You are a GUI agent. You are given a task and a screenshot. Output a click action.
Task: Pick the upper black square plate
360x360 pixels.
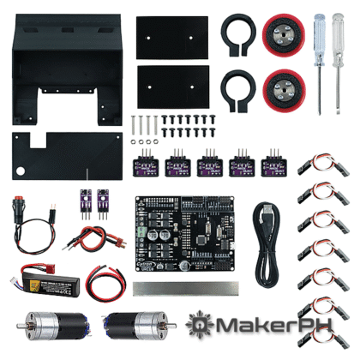point(173,36)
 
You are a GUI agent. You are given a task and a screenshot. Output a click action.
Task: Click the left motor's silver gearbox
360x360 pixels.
point(40,325)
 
